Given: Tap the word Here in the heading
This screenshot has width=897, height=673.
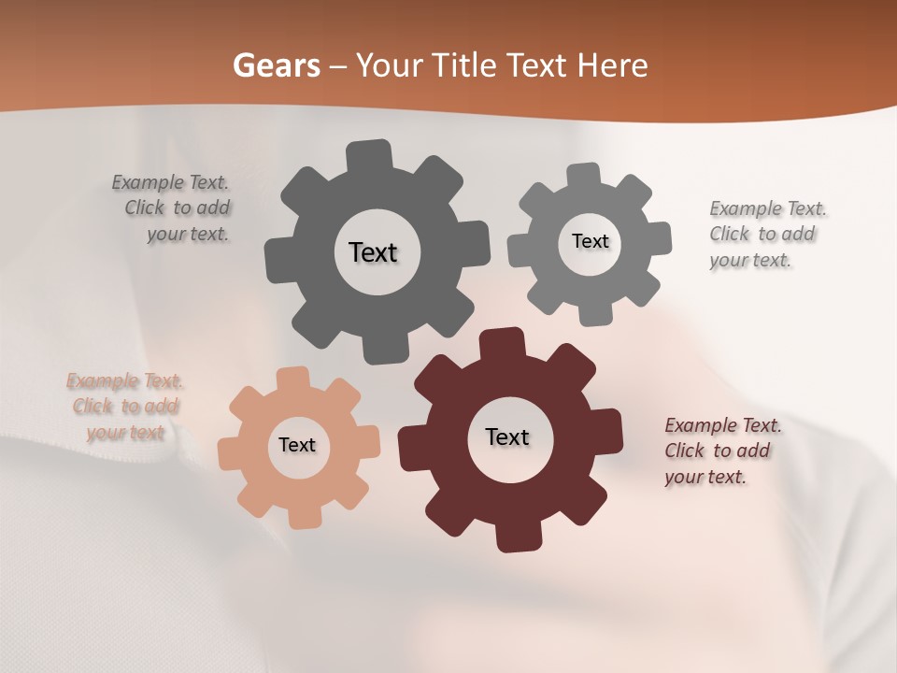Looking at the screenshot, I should (x=612, y=66).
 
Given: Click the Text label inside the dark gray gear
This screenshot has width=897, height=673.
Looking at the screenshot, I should (x=373, y=252).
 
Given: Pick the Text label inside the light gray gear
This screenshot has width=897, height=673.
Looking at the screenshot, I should (x=590, y=241).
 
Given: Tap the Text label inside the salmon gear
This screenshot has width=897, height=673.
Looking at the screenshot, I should (x=297, y=445).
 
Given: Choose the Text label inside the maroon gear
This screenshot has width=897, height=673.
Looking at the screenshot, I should (x=507, y=437).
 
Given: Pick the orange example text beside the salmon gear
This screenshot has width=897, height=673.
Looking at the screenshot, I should (x=124, y=407).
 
